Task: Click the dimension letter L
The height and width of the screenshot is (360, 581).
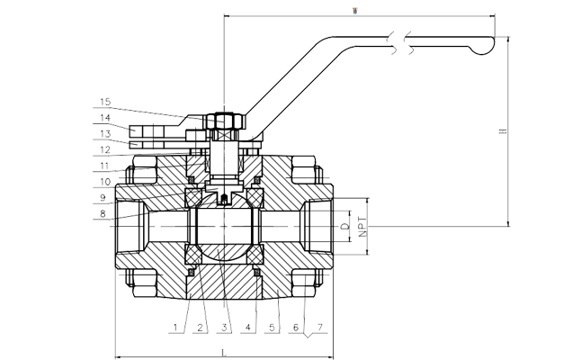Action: pyautogui.click(x=224, y=350)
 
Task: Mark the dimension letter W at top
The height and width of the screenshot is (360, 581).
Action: pyautogui.click(x=357, y=11)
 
